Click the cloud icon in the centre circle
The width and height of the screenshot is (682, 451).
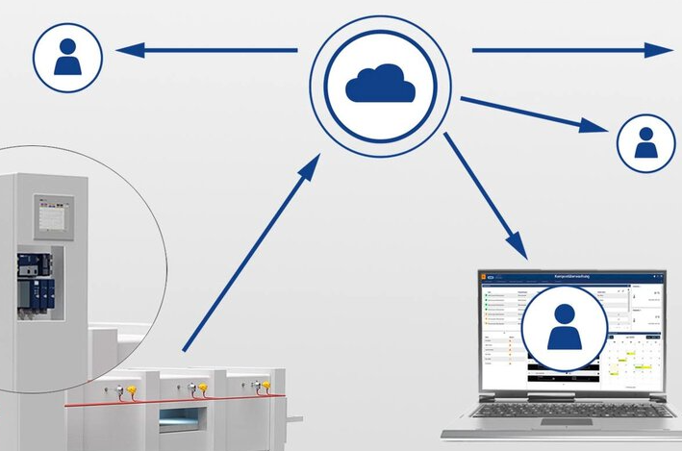click(381, 85)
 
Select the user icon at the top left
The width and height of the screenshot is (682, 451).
click(67, 57)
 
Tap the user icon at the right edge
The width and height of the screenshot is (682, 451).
click(644, 142)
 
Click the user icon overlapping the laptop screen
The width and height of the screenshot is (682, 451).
click(564, 327)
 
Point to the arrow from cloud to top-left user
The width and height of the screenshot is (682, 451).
click(207, 50)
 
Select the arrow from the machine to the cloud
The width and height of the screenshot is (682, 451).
click(252, 251)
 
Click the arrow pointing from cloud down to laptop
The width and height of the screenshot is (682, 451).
click(486, 196)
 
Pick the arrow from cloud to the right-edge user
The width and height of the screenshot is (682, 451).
click(535, 113)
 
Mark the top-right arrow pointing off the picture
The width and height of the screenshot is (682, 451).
click(571, 50)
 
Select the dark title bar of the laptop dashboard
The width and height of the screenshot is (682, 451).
click(572, 277)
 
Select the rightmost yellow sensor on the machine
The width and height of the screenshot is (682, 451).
click(264, 386)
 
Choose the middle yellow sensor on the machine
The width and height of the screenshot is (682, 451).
click(202, 388)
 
